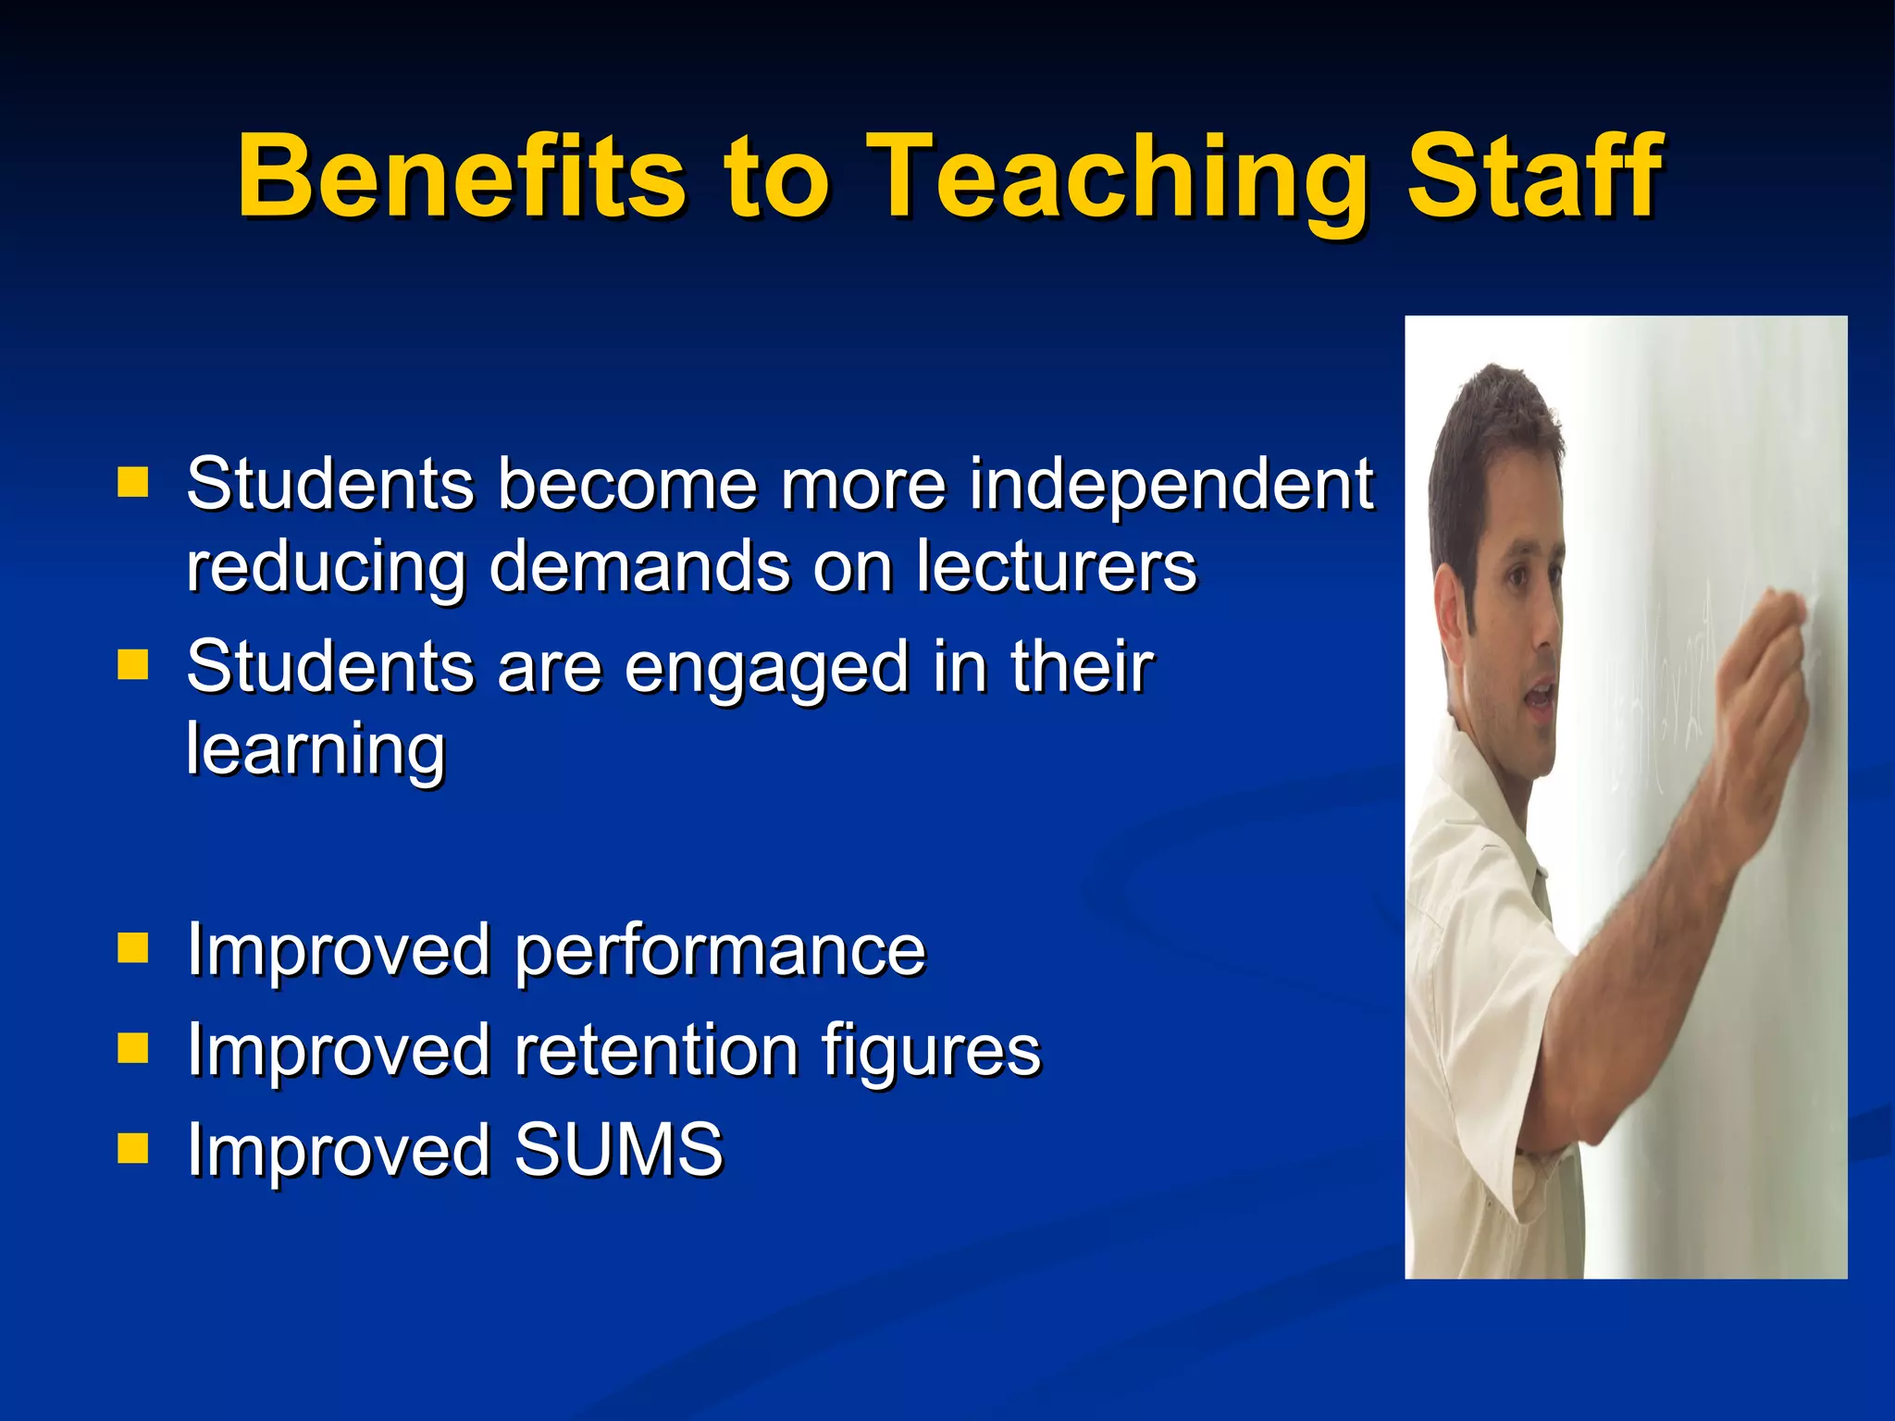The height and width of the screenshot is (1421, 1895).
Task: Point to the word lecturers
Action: pyautogui.click(x=1056, y=566)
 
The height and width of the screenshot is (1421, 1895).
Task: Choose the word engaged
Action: pyautogui.click(x=766, y=668)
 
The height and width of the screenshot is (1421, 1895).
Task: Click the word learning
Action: pyautogui.click(x=316, y=749)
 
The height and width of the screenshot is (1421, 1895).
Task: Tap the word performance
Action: pyautogui.click(x=719, y=950)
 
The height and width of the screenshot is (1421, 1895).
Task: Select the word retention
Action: pyautogui.click(x=655, y=1051)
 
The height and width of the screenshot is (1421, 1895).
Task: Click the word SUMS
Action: pyautogui.click(x=618, y=1150)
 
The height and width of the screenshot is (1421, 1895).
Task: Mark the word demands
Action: pyautogui.click(x=638, y=566)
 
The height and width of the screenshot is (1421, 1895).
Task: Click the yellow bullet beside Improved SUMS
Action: pyautogui.click(x=133, y=1148)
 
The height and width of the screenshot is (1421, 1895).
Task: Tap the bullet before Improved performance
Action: pyautogui.click(x=133, y=948)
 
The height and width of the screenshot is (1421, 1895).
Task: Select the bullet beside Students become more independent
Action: pyautogui.click(x=133, y=482)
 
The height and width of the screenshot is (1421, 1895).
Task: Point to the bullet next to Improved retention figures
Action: pyautogui.click(x=133, y=1048)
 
